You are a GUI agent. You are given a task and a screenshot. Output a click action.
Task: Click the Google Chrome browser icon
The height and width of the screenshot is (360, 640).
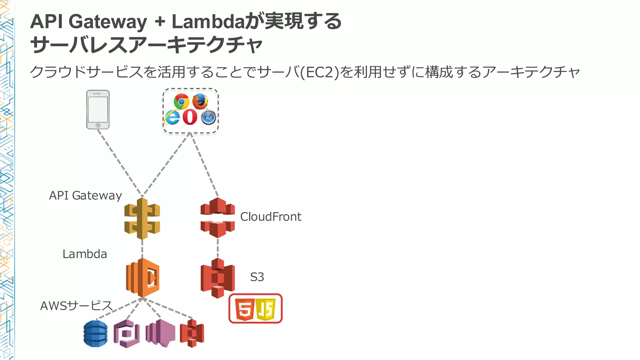pyautogui.click(x=181, y=101)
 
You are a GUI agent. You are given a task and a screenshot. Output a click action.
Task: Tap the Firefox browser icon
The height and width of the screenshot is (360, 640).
pyautogui.click(x=200, y=101)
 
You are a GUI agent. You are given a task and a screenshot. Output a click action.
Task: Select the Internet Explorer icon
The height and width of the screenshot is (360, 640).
pyautogui.click(x=172, y=117)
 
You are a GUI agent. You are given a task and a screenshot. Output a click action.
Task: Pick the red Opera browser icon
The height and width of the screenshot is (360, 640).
pyautogui.click(x=190, y=117)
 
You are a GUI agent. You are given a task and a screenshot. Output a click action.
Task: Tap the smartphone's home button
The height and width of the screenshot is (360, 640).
pyautogui.click(x=98, y=125)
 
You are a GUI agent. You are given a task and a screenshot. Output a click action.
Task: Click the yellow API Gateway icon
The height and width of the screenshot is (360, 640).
pyautogui.click(x=142, y=219)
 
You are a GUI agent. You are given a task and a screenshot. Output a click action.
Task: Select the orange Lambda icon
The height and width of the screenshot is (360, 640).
pyautogui.click(x=143, y=277)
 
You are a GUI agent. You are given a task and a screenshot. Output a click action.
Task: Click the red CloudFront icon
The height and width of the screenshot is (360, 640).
pyautogui.click(x=217, y=217)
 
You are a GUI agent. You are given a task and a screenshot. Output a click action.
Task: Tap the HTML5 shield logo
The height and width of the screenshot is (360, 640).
pyautogui.click(x=244, y=309)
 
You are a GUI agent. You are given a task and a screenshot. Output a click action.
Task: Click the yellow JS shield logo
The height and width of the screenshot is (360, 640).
pyautogui.click(x=266, y=309)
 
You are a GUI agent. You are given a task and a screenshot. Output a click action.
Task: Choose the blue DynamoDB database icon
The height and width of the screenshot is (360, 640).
pyautogui.click(x=96, y=333)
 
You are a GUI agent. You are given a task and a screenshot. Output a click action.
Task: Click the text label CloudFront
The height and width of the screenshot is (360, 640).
pyautogui.click(x=271, y=217)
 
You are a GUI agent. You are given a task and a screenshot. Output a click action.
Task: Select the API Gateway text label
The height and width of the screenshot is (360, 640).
pyautogui.click(x=85, y=196)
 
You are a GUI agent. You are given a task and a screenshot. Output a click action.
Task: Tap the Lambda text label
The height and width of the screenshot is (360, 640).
pyautogui.click(x=85, y=254)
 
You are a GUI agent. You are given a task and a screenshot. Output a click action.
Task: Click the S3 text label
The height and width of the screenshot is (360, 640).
pyautogui.click(x=257, y=277)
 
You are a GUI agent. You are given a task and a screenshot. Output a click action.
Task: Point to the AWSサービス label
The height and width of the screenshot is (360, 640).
pyautogui.click(x=76, y=306)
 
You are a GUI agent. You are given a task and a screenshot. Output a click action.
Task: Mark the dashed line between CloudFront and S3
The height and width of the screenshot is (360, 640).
pyautogui.click(x=218, y=248)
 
